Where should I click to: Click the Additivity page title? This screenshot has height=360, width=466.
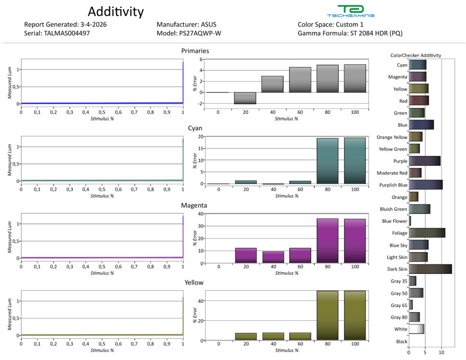pos(116,11)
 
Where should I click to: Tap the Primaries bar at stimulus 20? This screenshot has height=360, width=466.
pos(245,98)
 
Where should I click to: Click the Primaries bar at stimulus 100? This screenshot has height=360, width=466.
pos(355,78)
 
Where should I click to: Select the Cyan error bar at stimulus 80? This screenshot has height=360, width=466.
pos(327,161)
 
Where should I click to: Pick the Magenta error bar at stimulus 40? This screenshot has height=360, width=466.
pos(272,257)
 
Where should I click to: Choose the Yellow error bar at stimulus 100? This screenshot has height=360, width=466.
pos(355,315)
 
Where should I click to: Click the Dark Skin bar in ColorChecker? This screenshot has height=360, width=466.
pos(430,269)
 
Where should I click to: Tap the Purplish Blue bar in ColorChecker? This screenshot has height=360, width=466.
pos(425,185)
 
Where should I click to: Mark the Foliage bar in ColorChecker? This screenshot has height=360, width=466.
pos(427,233)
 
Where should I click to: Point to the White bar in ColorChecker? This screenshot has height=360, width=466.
pos(416,329)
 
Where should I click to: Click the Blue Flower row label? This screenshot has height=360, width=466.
pos(395,221)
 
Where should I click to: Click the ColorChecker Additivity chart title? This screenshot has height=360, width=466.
pos(415,55)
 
